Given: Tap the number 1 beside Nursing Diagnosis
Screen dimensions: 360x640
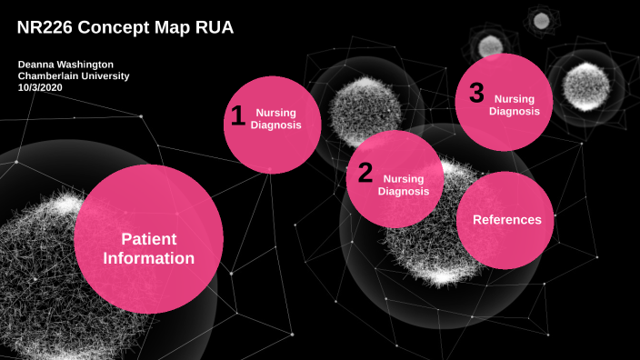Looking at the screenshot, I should pyautogui.click(x=237, y=116).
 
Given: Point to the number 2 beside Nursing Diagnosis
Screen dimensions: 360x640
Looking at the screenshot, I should pyautogui.click(x=365, y=173).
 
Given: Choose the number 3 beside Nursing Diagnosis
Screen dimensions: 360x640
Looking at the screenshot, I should pyautogui.click(x=476, y=93).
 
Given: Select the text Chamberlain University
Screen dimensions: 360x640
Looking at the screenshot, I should pyautogui.click(x=74, y=76).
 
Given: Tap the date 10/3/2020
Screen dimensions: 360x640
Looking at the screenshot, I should pyautogui.click(x=42, y=88).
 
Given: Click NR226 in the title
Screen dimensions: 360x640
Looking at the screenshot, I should pyautogui.click(x=45, y=28).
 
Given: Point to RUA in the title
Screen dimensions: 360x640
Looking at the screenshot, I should pyautogui.click(x=214, y=28).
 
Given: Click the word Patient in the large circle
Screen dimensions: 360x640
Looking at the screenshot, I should pyautogui.click(x=148, y=238).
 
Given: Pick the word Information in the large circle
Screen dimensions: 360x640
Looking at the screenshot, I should pyautogui.click(x=148, y=258).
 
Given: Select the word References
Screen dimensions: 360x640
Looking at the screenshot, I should pyautogui.click(x=506, y=220).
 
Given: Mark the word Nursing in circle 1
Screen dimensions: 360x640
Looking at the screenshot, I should pyautogui.click(x=275, y=113).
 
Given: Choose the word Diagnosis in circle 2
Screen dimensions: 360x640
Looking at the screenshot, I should pyautogui.click(x=403, y=191).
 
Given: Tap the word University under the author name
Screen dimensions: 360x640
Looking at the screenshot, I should pyautogui.click(x=102, y=76).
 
